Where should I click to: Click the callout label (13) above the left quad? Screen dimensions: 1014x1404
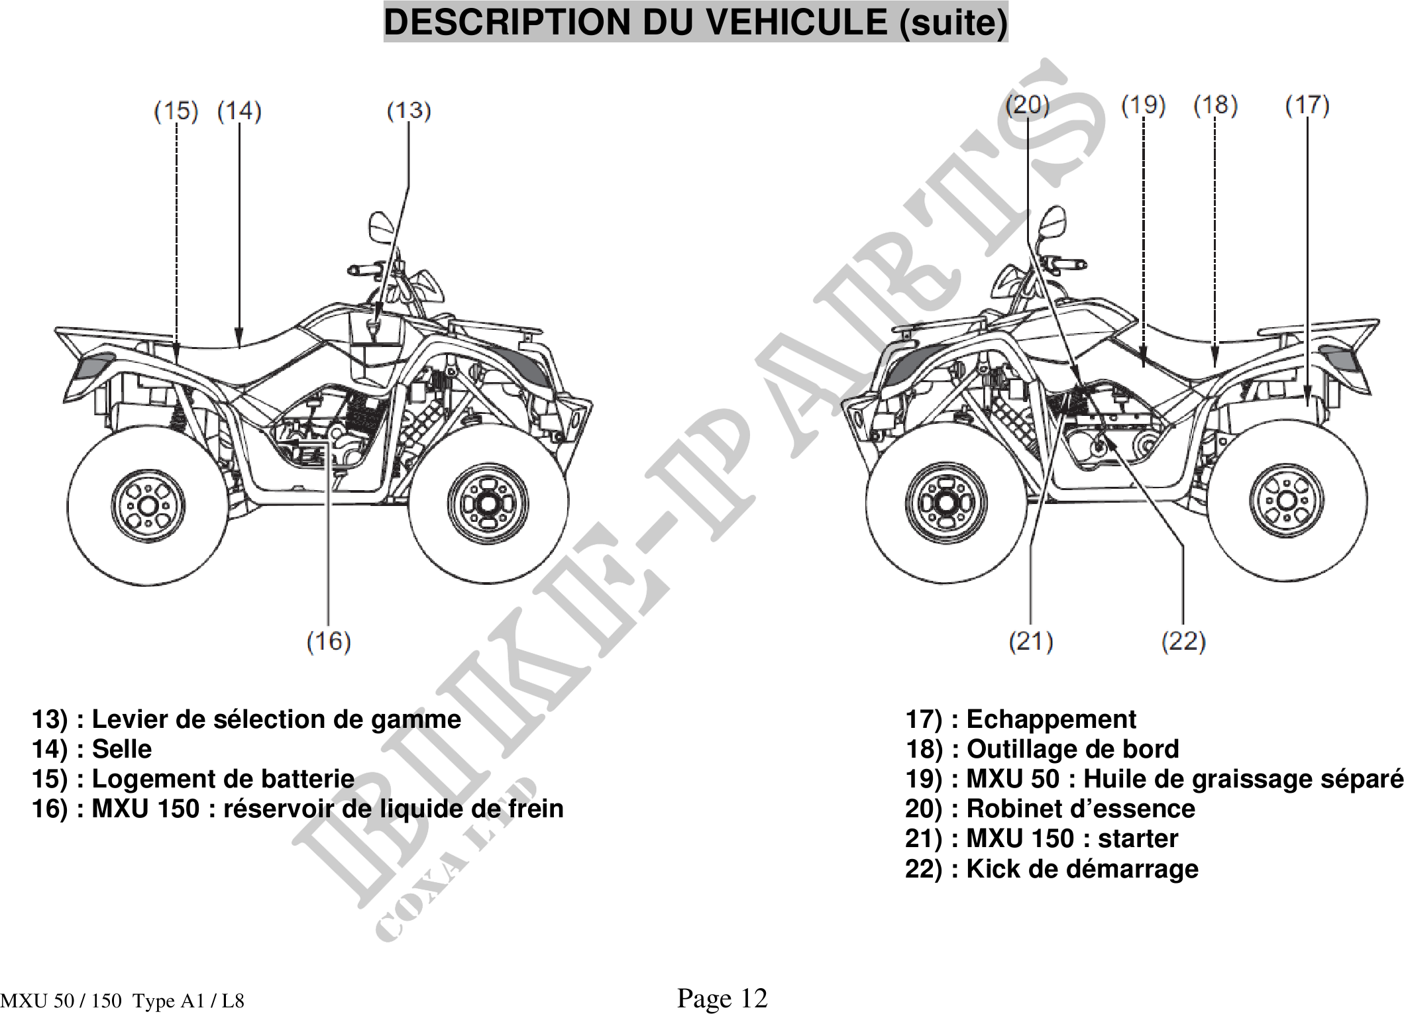pyautogui.click(x=409, y=111)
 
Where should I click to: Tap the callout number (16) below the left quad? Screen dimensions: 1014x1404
pyautogui.click(x=329, y=641)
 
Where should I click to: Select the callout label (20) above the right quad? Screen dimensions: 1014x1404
pyautogui.click(x=1028, y=105)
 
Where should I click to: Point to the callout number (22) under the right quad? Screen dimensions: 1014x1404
pyautogui.click(x=1183, y=641)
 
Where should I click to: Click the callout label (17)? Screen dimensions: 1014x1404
pyautogui.click(x=1307, y=105)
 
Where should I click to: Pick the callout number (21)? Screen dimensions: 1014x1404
pyautogui.click(x=1030, y=641)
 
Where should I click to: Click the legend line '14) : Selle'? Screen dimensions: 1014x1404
pyautogui.click(x=92, y=748)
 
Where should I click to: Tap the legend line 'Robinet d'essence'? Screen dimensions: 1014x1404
pyautogui.click(x=1050, y=809)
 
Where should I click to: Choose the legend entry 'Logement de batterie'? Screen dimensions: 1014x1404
pyautogui.click(x=193, y=778)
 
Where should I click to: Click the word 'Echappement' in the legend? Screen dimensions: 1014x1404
pyautogui.click(x=1051, y=719)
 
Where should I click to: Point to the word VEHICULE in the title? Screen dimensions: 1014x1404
pyautogui.click(x=795, y=23)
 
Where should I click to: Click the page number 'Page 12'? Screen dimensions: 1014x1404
pyautogui.click(x=722, y=997)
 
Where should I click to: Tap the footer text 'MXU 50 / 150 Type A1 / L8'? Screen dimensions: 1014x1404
pyautogui.click(x=123, y=1001)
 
